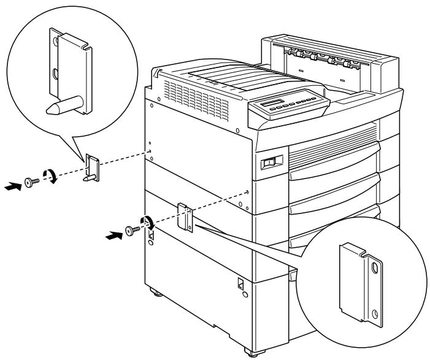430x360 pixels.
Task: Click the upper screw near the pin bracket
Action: (30, 182)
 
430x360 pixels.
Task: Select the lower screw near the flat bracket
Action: (131, 231)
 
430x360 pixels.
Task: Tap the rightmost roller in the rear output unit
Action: (350, 63)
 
